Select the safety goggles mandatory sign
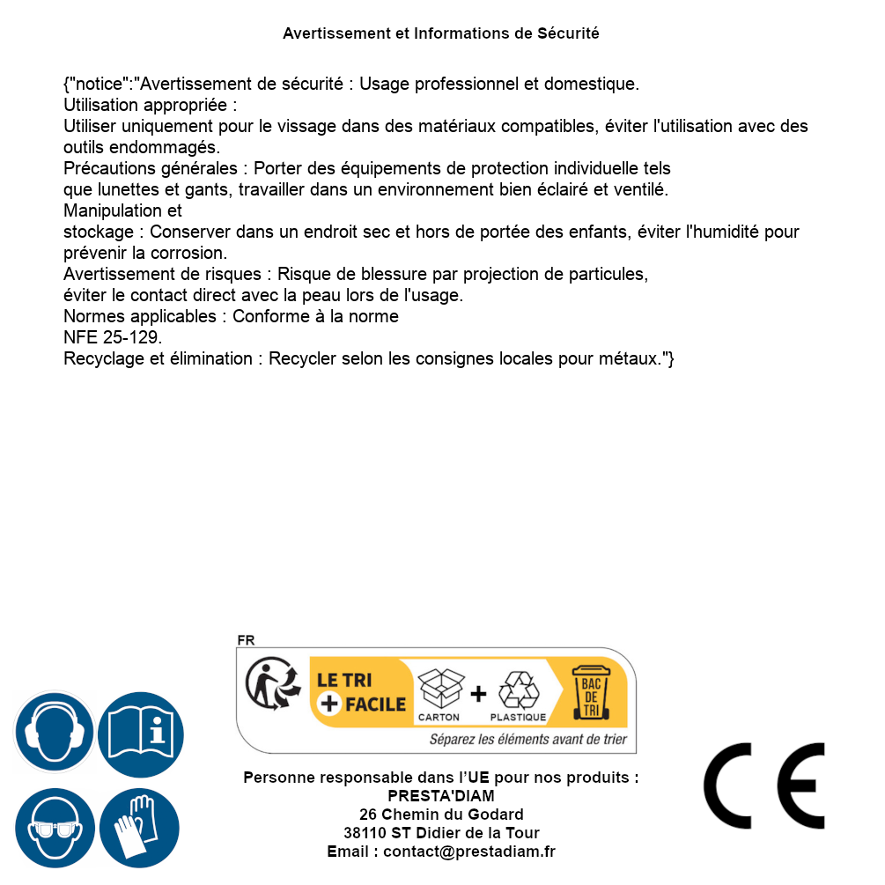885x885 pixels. [54, 829]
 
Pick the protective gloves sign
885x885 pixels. [139, 829]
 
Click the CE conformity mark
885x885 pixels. [764, 785]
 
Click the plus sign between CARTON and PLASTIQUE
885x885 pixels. [478, 694]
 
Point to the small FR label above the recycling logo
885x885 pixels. [246, 641]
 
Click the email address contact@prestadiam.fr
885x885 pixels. [469, 852]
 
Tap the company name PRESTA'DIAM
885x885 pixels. [441, 796]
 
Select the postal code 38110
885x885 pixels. [362, 833]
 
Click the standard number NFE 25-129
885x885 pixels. [112, 337]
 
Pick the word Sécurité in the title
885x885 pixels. [568, 33]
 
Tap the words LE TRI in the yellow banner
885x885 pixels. [344, 680]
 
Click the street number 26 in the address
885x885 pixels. [368, 815]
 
